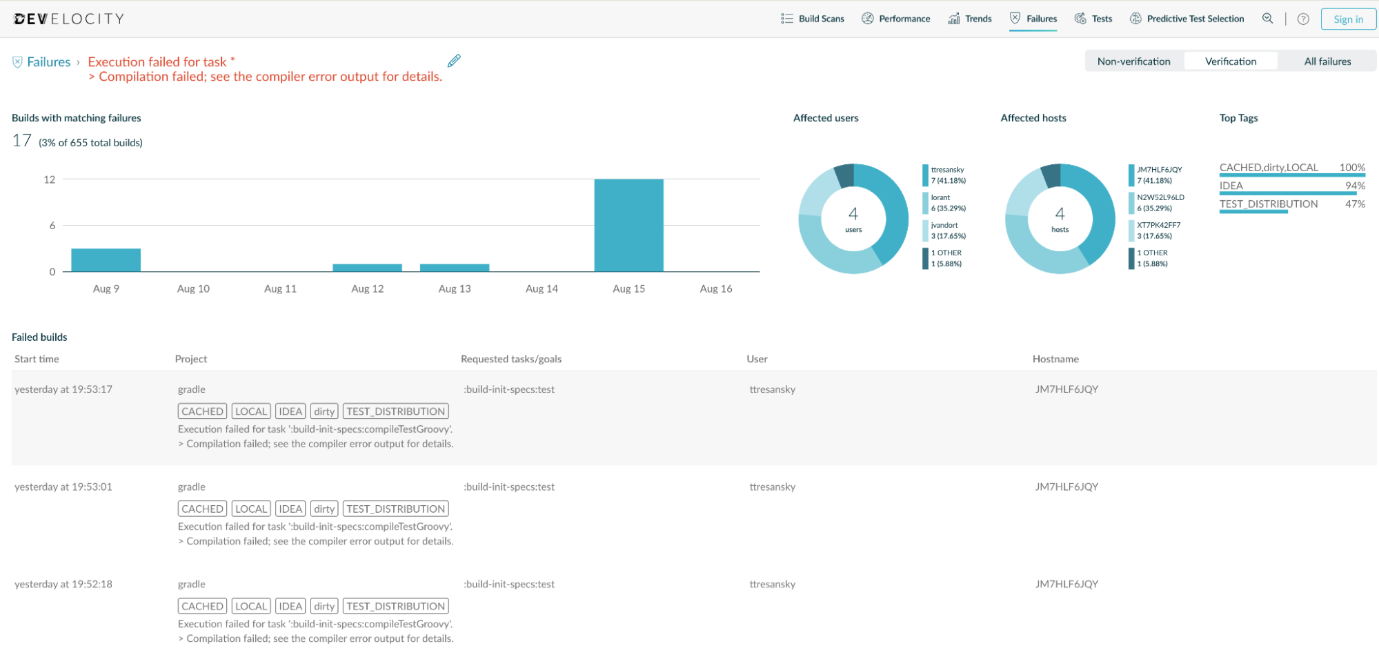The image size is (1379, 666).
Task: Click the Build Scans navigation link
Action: click(812, 19)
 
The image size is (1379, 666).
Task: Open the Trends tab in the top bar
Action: click(970, 19)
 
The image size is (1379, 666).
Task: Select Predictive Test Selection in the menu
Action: click(1187, 19)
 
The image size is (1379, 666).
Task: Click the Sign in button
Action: click(1348, 19)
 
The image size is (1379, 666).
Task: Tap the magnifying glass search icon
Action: click(1267, 19)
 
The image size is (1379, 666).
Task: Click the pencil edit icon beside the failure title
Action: click(454, 61)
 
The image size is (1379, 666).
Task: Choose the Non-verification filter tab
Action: click(1133, 61)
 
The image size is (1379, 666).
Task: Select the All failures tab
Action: click(1327, 61)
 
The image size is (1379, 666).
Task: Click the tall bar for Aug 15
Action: click(628, 225)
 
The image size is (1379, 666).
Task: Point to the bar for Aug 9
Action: click(106, 259)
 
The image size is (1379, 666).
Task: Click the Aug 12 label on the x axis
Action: click(367, 288)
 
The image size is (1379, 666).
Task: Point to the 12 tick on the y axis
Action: click(49, 179)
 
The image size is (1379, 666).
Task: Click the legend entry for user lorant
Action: click(944, 203)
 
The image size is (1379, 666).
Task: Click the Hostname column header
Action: click(1055, 359)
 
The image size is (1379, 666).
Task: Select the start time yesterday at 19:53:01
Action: click(63, 487)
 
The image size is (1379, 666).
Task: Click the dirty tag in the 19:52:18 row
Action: click(324, 606)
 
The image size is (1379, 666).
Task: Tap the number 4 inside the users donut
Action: click(853, 214)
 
